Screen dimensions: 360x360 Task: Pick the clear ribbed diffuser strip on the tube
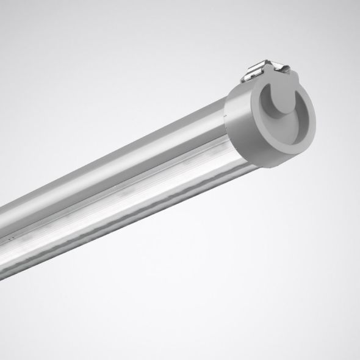pyautogui.click(x=122, y=207)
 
